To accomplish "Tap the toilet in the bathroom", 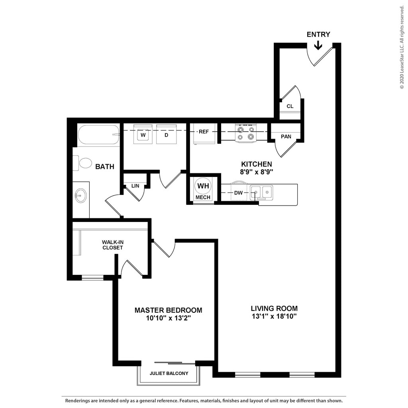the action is tap(83, 163).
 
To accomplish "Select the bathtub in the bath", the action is tap(99, 135).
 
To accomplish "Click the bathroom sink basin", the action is tap(80, 195).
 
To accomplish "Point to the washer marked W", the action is tap(143, 134).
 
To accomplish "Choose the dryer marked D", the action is tap(166, 134).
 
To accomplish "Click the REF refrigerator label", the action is tap(204, 131).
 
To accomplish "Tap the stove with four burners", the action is tap(245, 133).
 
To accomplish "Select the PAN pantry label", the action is tap(286, 137).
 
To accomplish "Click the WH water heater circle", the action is tap(203, 186).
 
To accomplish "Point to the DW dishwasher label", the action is tap(238, 193).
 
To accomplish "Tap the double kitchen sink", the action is tap(261, 192).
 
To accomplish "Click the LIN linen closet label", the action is tap(135, 186).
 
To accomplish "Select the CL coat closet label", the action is tap(290, 106).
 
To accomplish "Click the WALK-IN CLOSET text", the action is tap(113, 245).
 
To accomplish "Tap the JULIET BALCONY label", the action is tap(169, 373).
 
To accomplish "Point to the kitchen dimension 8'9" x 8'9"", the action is tap(256, 172).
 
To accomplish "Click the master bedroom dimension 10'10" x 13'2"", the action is tap(169, 318).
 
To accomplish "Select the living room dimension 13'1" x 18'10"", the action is tap(274, 316).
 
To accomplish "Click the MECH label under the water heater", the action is tap(203, 197).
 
